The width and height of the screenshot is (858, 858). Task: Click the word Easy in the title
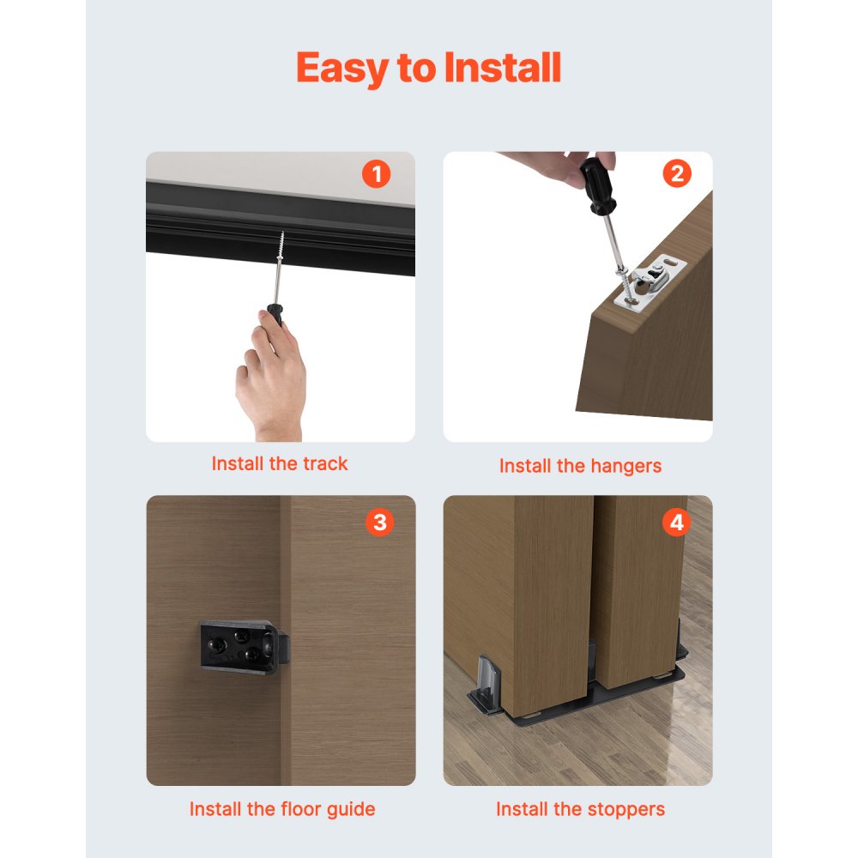[x=341, y=68]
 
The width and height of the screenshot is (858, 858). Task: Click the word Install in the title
[x=502, y=68]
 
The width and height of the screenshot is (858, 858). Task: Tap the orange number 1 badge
[x=376, y=174]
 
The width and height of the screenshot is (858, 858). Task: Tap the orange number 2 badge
[x=676, y=174]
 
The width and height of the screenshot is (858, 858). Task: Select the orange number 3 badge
[x=379, y=522]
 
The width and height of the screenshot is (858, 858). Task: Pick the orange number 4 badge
[x=676, y=522]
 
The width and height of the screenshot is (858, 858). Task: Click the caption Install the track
[x=280, y=464]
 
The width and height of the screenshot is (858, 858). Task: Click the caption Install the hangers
[x=580, y=466]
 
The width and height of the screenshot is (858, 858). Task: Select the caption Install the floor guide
[x=281, y=809]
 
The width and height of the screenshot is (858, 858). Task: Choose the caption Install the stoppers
[x=580, y=809]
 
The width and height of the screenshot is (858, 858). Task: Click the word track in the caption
[x=325, y=464]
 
